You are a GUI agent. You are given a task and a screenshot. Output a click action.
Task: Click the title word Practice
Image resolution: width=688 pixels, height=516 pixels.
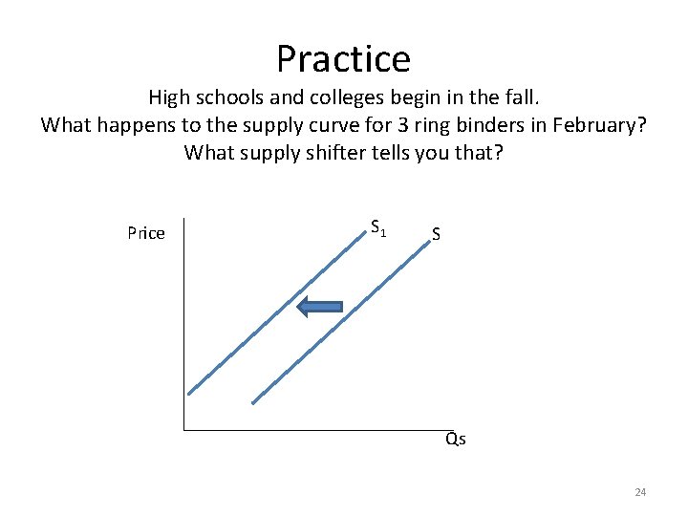pyautogui.click(x=343, y=59)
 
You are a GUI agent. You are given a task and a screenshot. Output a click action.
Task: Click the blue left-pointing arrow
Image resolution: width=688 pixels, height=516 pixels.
pyautogui.click(x=319, y=307)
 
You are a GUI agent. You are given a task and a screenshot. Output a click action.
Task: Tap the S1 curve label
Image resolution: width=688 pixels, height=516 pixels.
pyautogui.click(x=378, y=228)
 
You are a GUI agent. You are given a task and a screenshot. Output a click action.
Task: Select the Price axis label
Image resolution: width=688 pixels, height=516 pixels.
pyautogui.click(x=145, y=233)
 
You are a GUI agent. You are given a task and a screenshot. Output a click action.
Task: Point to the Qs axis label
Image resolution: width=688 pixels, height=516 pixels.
pyautogui.click(x=455, y=440)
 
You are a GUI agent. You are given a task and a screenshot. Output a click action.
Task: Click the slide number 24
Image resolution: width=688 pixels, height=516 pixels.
pyautogui.click(x=640, y=492)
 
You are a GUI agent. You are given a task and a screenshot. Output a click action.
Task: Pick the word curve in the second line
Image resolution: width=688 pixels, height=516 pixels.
pyautogui.click(x=310, y=125)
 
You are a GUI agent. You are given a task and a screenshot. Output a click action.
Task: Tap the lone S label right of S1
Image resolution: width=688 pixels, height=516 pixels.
pyautogui.click(x=436, y=233)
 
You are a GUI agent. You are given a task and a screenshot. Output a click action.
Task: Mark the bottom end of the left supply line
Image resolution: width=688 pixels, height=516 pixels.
pyautogui.click(x=189, y=393)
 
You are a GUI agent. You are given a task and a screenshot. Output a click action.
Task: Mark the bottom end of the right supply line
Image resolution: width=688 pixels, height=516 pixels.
pyautogui.click(x=253, y=402)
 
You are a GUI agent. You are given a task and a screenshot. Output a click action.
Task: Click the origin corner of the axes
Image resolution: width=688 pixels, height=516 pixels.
pyautogui.click(x=183, y=429)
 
